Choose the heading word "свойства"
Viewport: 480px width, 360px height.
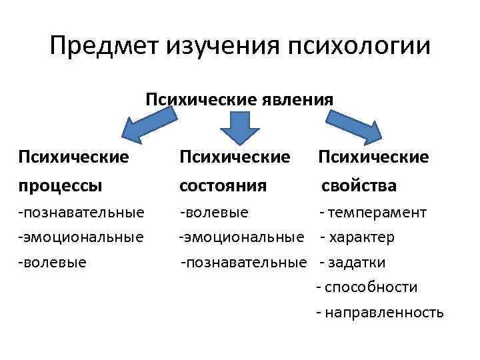click(x=359, y=185)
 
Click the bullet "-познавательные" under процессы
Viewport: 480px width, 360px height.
click(x=81, y=213)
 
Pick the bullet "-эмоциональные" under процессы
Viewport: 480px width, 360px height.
click(x=81, y=237)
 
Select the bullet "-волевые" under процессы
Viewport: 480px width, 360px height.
click(x=53, y=261)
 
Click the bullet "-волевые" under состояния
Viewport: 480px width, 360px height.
click(x=214, y=213)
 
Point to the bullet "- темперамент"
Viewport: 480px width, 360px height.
click(x=373, y=213)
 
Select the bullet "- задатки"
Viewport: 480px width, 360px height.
click(x=353, y=261)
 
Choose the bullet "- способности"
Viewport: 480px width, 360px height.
click(x=367, y=287)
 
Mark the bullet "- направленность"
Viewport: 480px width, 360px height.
click(x=379, y=311)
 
